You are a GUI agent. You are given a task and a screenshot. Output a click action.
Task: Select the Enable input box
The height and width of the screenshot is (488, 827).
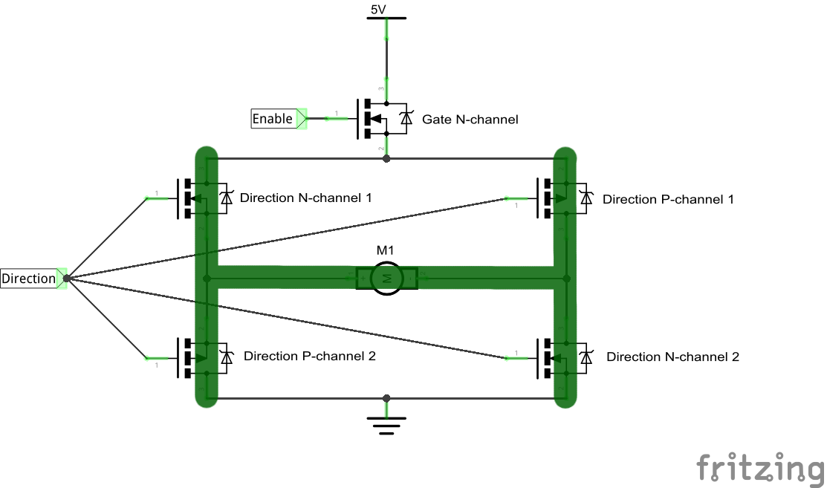pos(273,119)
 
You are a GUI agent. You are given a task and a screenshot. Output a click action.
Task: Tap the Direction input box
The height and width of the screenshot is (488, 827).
pos(29,279)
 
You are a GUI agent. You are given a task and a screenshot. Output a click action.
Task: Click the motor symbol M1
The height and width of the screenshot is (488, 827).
pos(386,278)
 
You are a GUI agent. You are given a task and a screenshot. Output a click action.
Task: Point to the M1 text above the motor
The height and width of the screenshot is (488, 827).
pos(386,250)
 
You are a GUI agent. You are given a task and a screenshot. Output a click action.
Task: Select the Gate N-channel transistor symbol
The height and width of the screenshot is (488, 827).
pos(375,119)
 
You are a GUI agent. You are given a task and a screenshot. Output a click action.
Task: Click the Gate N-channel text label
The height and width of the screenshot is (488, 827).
pos(470,120)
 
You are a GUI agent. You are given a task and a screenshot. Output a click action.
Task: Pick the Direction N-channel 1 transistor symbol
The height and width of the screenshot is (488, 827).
pos(195,198)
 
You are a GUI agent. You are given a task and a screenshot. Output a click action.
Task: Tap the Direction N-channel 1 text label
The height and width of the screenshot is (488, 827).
pos(305,198)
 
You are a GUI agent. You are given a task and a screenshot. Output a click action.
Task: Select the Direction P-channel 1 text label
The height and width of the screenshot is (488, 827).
pos(668,200)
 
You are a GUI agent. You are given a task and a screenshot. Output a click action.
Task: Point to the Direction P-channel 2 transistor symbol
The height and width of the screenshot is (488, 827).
pos(195,357)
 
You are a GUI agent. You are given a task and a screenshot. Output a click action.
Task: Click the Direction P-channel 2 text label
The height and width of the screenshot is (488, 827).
pos(309,357)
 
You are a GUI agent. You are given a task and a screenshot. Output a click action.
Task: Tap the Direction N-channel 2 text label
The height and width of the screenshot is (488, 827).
pos(672,357)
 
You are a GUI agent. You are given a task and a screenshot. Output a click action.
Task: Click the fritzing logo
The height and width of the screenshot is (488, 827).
pos(760,468)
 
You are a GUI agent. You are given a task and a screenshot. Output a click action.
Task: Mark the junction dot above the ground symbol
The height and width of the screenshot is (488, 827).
pos(386,399)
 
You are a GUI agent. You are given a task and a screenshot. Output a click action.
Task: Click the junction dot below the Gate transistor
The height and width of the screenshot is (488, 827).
pos(386,159)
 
